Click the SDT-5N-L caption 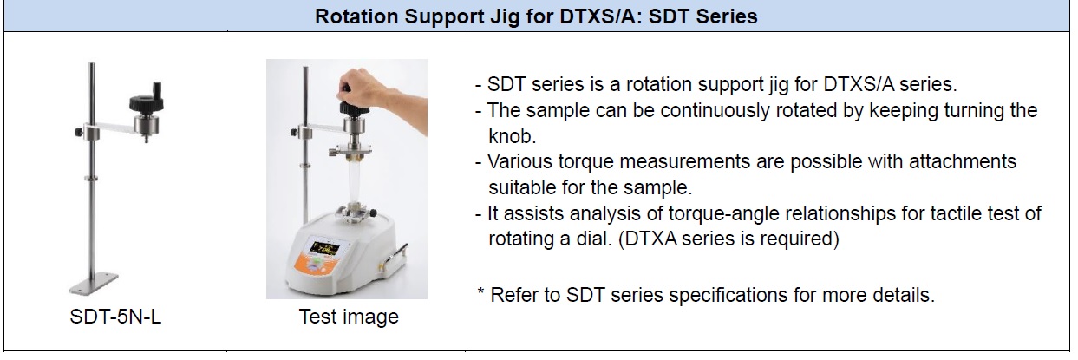pos(115,317)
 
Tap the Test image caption pos(349,317)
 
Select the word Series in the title pos(726,16)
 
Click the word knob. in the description pos(512,136)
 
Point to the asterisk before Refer pos(480,291)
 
